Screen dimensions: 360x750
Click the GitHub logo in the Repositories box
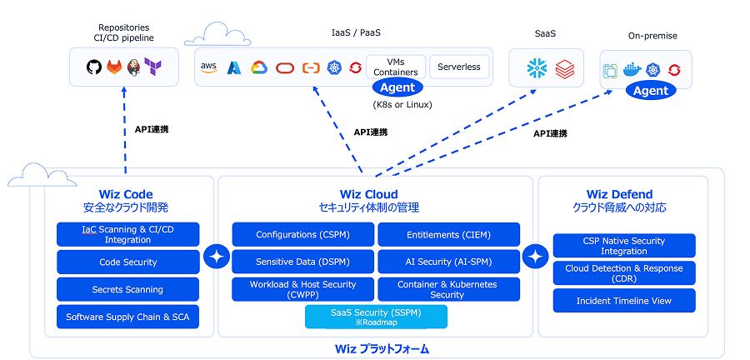(x=94, y=66)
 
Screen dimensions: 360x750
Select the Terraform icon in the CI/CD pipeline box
(x=152, y=66)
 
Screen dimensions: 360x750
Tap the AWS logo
(x=208, y=67)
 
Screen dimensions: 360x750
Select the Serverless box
(x=459, y=67)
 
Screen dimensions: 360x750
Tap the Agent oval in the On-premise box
(x=651, y=91)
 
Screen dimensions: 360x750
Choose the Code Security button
(x=127, y=262)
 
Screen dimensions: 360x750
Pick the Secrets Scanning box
(x=127, y=289)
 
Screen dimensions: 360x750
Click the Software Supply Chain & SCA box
(x=127, y=317)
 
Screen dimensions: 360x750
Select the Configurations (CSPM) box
(x=302, y=234)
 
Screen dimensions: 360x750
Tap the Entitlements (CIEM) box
(x=448, y=234)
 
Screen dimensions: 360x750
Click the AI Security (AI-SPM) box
(x=448, y=262)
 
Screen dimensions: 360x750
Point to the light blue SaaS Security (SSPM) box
(x=376, y=317)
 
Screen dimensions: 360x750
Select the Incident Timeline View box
(x=623, y=301)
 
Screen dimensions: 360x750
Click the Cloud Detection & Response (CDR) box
(x=623, y=273)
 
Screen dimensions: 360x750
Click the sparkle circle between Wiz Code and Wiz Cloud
(x=217, y=257)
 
